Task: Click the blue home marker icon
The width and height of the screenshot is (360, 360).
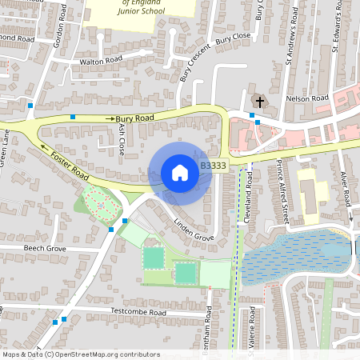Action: [x=180, y=172]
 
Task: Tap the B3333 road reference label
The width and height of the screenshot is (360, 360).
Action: [x=214, y=166]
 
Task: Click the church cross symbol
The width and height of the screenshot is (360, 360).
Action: [x=258, y=101]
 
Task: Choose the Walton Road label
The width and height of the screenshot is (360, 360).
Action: [x=100, y=60]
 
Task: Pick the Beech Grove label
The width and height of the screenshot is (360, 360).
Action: [x=44, y=249]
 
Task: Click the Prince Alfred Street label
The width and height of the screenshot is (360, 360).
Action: [x=282, y=191]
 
